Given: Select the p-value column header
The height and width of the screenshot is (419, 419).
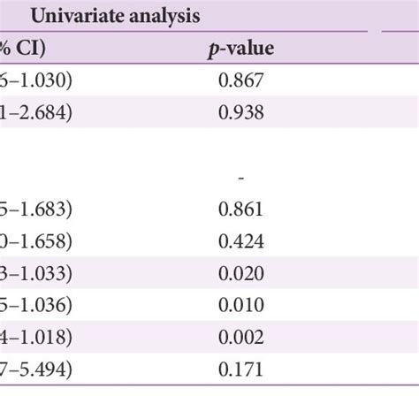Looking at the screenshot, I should click(241, 50).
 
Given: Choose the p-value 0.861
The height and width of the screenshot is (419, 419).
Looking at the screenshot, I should click(241, 209).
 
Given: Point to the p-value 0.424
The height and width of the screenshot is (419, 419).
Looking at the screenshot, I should click(241, 240).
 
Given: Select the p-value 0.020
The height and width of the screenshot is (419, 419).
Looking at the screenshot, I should click(241, 273).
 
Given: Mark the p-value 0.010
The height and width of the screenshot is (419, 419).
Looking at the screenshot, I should click(241, 305).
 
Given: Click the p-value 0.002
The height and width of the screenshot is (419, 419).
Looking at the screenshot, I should click(241, 337).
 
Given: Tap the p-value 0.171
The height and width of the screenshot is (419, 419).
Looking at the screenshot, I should click(241, 369).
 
